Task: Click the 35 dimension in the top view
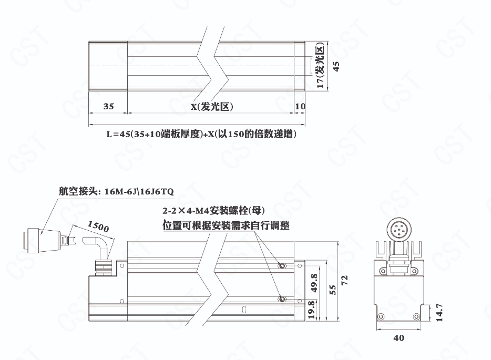[108, 107]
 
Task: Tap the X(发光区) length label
[212, 107]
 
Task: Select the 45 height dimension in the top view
[336, 66]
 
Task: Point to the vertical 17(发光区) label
[320, 66]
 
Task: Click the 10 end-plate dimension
[300, 107]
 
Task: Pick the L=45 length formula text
[201, 134]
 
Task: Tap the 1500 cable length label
[98, 226]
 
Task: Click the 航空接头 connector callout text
[116, 191]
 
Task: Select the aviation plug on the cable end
[43, 240]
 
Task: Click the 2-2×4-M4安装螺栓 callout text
[213, 211]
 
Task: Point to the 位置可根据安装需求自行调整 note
[226, 225]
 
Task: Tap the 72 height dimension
[344, 280]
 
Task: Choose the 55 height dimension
[333, 290]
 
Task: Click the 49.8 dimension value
[314, 283]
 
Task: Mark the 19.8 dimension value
[311, 310]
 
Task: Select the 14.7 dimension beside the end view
[439, 312]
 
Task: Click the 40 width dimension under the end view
[398, 338]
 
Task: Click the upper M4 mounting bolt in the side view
[282, 266]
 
